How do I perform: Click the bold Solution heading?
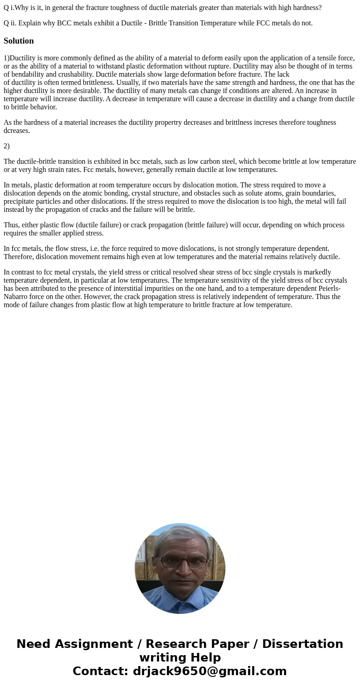(x=19, y=41)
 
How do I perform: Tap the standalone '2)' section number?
(x=6, y=146)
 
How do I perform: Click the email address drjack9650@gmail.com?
(x=209, y=671)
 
